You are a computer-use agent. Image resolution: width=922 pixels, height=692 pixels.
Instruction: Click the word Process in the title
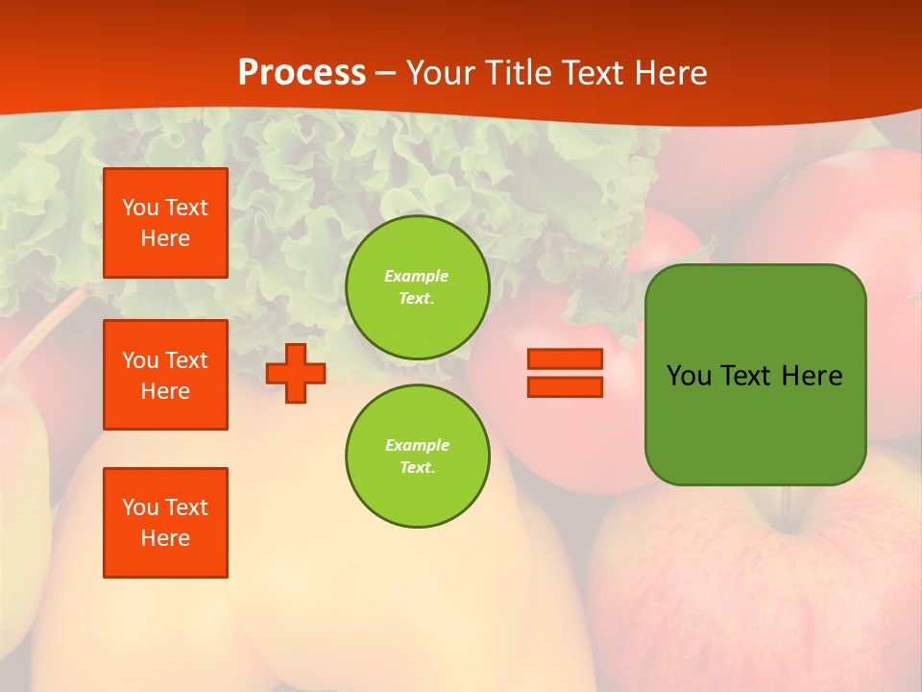coord(302,73)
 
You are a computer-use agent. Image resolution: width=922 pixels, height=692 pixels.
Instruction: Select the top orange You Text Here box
coord(165,223)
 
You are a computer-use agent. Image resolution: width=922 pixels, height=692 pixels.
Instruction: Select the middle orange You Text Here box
coord(165,375)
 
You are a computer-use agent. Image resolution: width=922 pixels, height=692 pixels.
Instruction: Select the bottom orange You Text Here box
coord(165,523)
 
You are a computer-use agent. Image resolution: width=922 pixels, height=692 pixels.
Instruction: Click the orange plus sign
coord(296,373)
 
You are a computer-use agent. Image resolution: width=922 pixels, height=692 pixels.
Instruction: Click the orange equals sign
coord(565,373)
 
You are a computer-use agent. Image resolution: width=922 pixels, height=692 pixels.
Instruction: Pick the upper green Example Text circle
coord(417,287)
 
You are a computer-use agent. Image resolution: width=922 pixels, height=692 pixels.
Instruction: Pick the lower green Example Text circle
coord(417,456)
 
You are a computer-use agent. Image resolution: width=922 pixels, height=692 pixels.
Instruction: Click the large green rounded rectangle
coord(755,423)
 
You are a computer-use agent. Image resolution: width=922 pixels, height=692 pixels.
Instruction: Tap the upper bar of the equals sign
coord(565,359)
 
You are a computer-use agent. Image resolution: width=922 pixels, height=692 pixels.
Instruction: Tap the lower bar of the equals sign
coord(565,386)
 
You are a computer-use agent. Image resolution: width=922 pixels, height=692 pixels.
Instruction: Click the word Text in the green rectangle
coord(747,376)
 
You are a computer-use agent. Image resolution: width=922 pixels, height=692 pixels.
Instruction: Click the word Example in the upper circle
coord(416,276)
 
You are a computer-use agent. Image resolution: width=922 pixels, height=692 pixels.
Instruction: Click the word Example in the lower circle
coord(416,445)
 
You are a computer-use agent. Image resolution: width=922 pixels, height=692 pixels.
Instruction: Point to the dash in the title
coord(386,74)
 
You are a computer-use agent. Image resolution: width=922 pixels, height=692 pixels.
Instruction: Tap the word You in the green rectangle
coord(689,376)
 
